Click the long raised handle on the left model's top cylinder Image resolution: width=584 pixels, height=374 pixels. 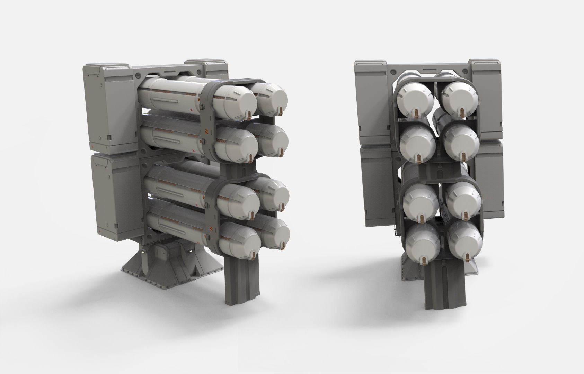[166, 101]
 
